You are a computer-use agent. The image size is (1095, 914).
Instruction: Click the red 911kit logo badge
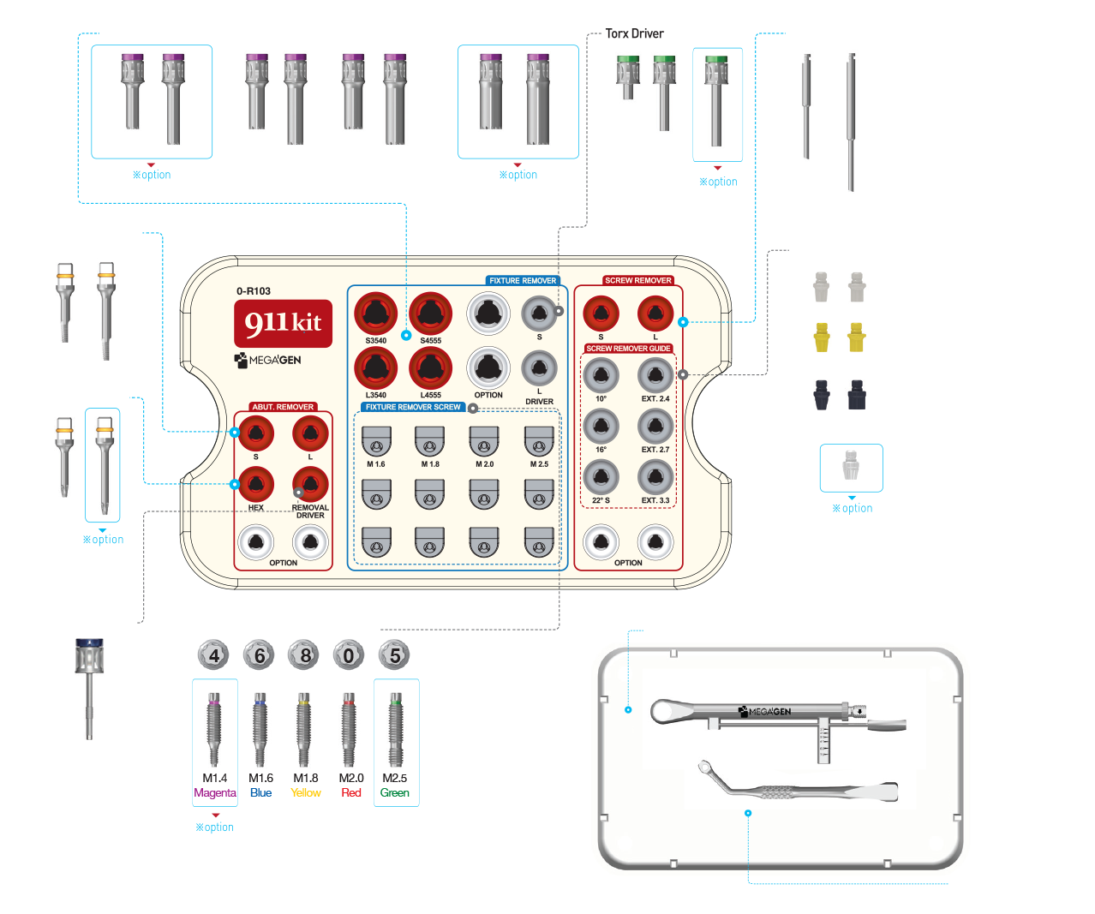(x=283, y=323)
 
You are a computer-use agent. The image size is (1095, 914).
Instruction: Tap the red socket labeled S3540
(x=375, y=314)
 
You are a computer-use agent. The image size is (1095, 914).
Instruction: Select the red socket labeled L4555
(x=430, y=368)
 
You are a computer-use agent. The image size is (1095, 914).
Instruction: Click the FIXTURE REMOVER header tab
(x=523, y=280)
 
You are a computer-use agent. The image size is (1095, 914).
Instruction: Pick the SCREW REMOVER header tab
(x=637, y=280)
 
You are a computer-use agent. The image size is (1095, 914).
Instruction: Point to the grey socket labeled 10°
(x=601, y=375)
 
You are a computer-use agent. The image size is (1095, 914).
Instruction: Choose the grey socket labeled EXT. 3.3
(x=655, y=477)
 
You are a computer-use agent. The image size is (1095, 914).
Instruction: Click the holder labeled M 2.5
(x=539, y=443)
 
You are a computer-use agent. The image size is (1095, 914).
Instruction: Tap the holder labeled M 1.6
(x=376, y=443)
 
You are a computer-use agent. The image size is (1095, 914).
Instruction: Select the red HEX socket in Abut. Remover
(x=255, y=485)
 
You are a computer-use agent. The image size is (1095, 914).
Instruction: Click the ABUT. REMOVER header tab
(x=283, y=407)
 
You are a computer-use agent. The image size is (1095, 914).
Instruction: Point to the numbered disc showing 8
(x=305, y=656)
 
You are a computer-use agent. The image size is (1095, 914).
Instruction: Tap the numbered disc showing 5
(x=395, y=656)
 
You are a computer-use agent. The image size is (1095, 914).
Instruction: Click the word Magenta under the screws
(x=214, y=793)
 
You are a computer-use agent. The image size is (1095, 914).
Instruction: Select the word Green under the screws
(x=395, y=793)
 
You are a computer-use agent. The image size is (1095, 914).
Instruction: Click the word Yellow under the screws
(x=305, y=793)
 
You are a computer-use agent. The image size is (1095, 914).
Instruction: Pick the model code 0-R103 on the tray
(x=254, y=291)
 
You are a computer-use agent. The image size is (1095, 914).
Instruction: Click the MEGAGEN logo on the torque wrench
(x=765, y=711)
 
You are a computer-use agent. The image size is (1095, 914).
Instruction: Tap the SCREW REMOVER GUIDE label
(x=628, y=349)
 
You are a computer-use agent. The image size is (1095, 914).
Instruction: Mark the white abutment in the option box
(x=851, y=466)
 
